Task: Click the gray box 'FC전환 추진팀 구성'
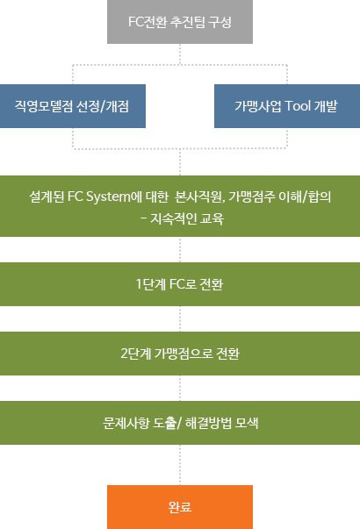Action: [180, 22]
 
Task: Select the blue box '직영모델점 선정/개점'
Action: [73, 106]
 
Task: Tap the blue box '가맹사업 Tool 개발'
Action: [287, 106]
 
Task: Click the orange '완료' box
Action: [180, 507]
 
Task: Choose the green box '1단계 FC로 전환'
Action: [180, 284]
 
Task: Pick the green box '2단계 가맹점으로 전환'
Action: [180, 354]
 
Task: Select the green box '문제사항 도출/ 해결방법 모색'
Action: [180, 423]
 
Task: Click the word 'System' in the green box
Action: [108, 197]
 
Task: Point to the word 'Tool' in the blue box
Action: [298, 106]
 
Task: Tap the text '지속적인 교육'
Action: [187, 218]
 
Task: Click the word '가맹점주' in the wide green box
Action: [252, 197]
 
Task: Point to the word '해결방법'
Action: [208, 423]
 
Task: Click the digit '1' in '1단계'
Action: [139, 284]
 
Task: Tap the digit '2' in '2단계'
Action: [124, 354]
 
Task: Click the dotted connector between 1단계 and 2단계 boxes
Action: [180, 318]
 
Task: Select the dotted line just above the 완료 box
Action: [180, 465]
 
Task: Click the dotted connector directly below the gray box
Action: [180, 54]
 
